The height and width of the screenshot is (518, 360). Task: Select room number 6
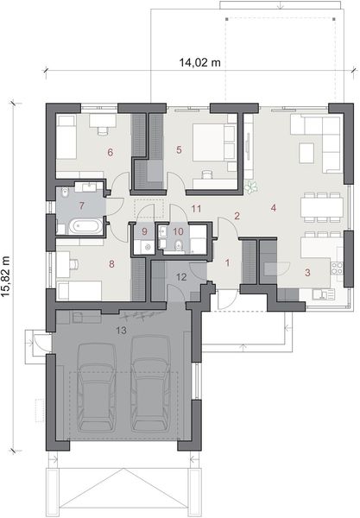click(x=111, y=153)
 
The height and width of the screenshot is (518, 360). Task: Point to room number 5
click(x=179, y=149)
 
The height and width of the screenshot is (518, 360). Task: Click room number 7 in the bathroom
click(x=81, y=205)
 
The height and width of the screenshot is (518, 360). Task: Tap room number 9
click(x=144, y=231)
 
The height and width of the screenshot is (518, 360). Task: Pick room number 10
click(x=178, y=231)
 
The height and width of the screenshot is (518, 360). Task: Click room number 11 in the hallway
click(x=197, y=208)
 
